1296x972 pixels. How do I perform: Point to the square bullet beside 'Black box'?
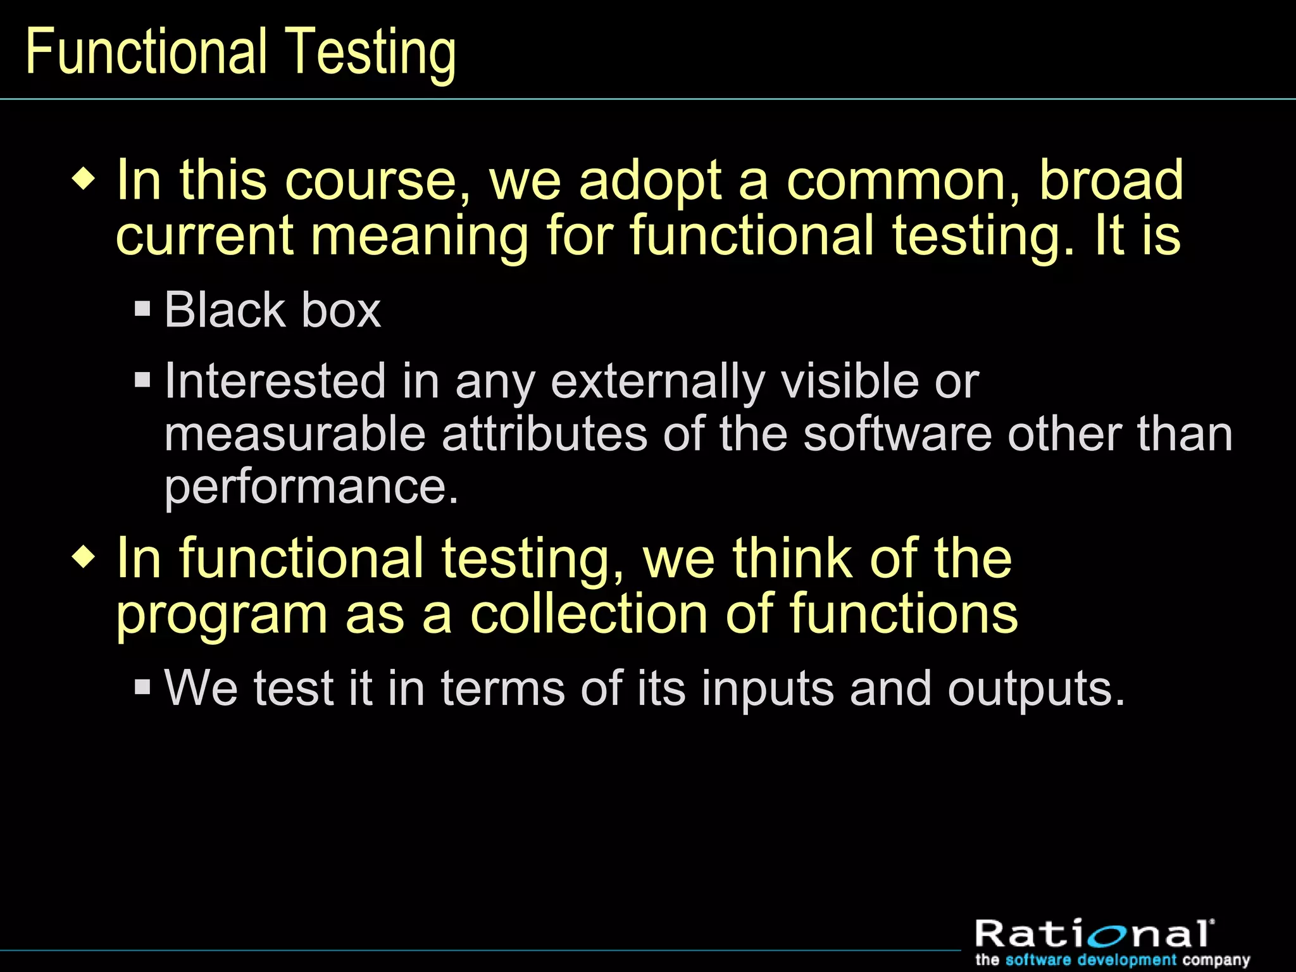(x=143, y=309)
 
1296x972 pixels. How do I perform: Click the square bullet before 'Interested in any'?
(x=143, y=380)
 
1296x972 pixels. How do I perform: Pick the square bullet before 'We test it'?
(x=143, y=687)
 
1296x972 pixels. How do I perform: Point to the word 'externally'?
(x=657, y=382)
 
